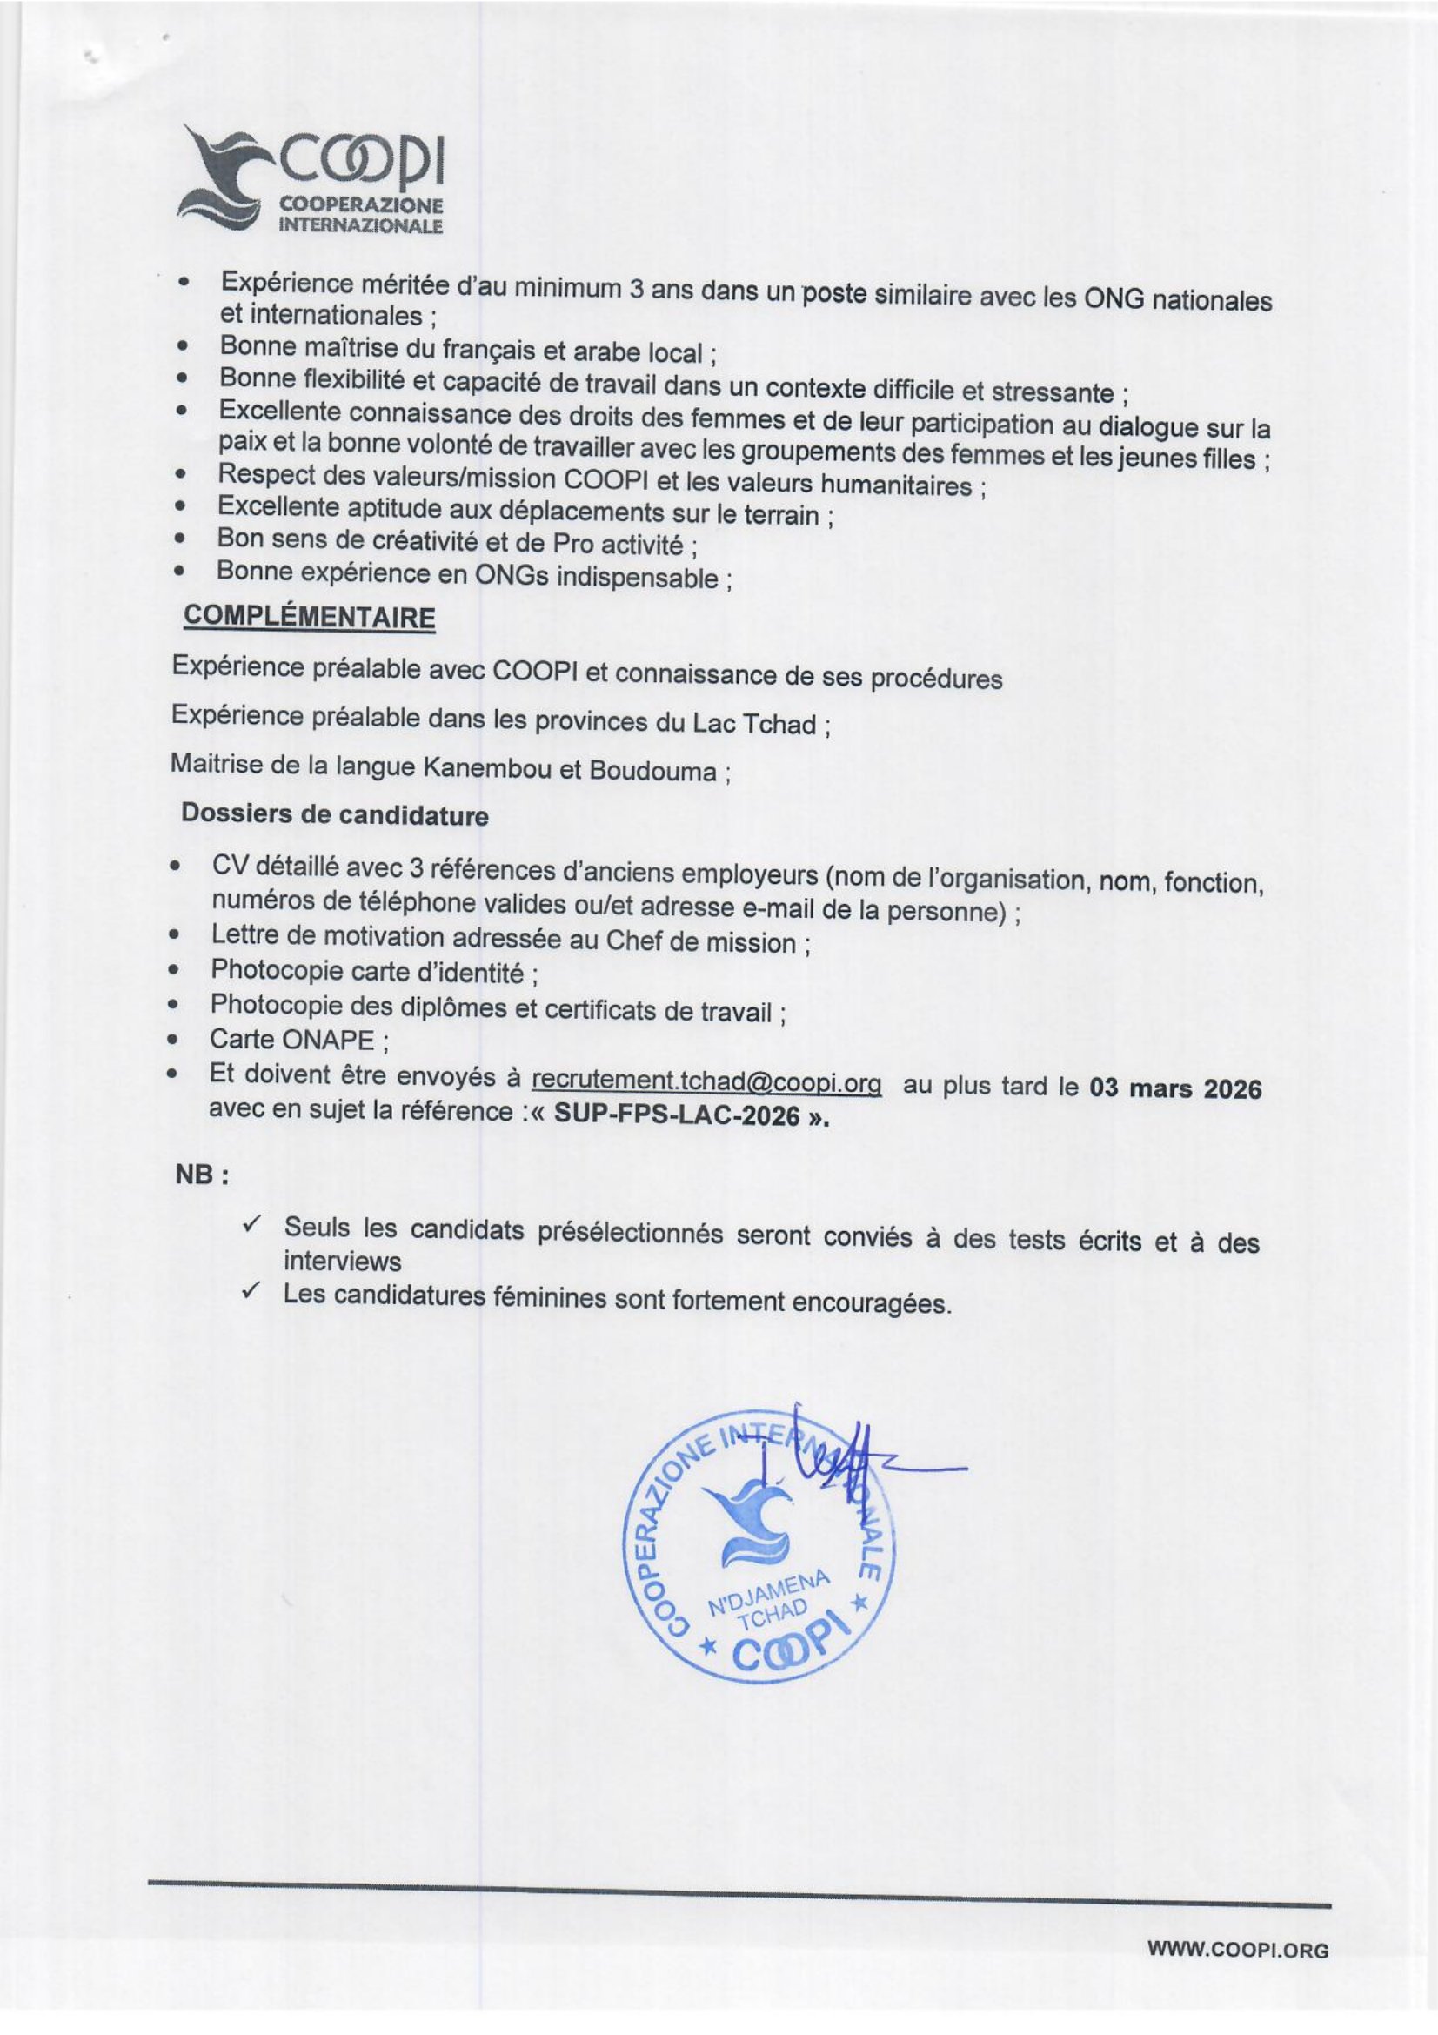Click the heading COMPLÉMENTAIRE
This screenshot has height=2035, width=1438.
308,617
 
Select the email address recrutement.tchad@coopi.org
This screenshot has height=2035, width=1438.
706,1082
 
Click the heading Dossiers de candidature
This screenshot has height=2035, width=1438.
334,814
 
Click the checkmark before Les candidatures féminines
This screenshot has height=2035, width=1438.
251,1291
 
